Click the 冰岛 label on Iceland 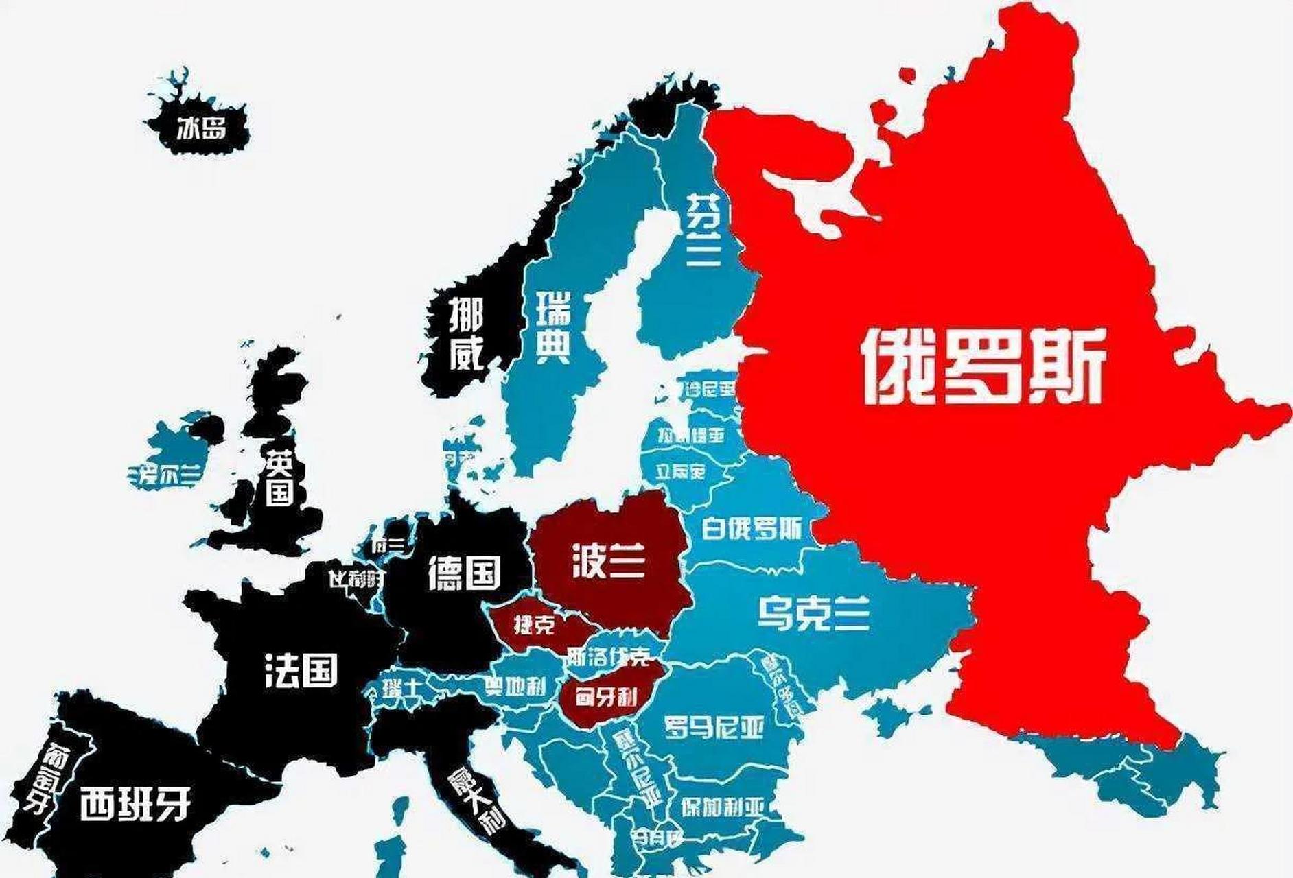(x=201, y=128)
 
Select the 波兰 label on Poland (x=608, y=562)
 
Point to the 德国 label (x=464, y=573)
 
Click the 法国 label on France (x=301, y=670)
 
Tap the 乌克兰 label (x=813, y=613)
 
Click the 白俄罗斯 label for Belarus (x=752, y=529)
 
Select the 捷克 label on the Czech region (x=533, y=624)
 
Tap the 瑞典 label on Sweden (x=553, y=327)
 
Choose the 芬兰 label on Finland (x=703, y=230)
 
